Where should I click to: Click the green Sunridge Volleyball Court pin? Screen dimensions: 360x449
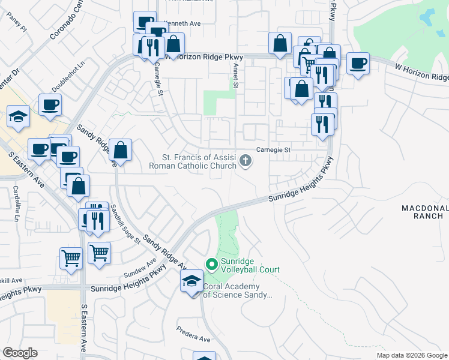pos(211,264)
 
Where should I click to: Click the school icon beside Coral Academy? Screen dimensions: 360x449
pos(191,281)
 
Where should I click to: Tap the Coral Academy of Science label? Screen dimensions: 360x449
pos(238,291)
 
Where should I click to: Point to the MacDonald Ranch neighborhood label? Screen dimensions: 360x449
pos(425,212)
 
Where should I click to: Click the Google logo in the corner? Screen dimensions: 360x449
pos(20,353)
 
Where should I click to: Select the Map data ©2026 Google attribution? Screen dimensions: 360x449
pos(412,355)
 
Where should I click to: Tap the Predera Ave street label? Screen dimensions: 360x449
pos(193,334)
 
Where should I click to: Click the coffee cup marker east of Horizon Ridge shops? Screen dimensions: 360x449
pos(359,64)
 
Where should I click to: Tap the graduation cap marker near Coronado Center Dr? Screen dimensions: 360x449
pos(19,117)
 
